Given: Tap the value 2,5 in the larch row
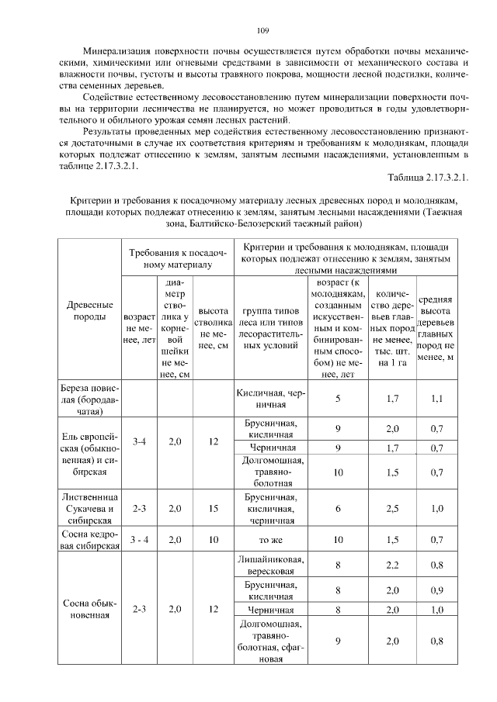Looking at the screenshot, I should [x=392, y=508].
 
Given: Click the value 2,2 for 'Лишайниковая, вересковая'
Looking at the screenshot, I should [x=392, y=565].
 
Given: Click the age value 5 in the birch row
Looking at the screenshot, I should [x=338, y=399].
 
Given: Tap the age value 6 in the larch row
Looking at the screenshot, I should [x=338, y=508].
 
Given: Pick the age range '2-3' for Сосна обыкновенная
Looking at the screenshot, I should [x=140, y=609].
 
